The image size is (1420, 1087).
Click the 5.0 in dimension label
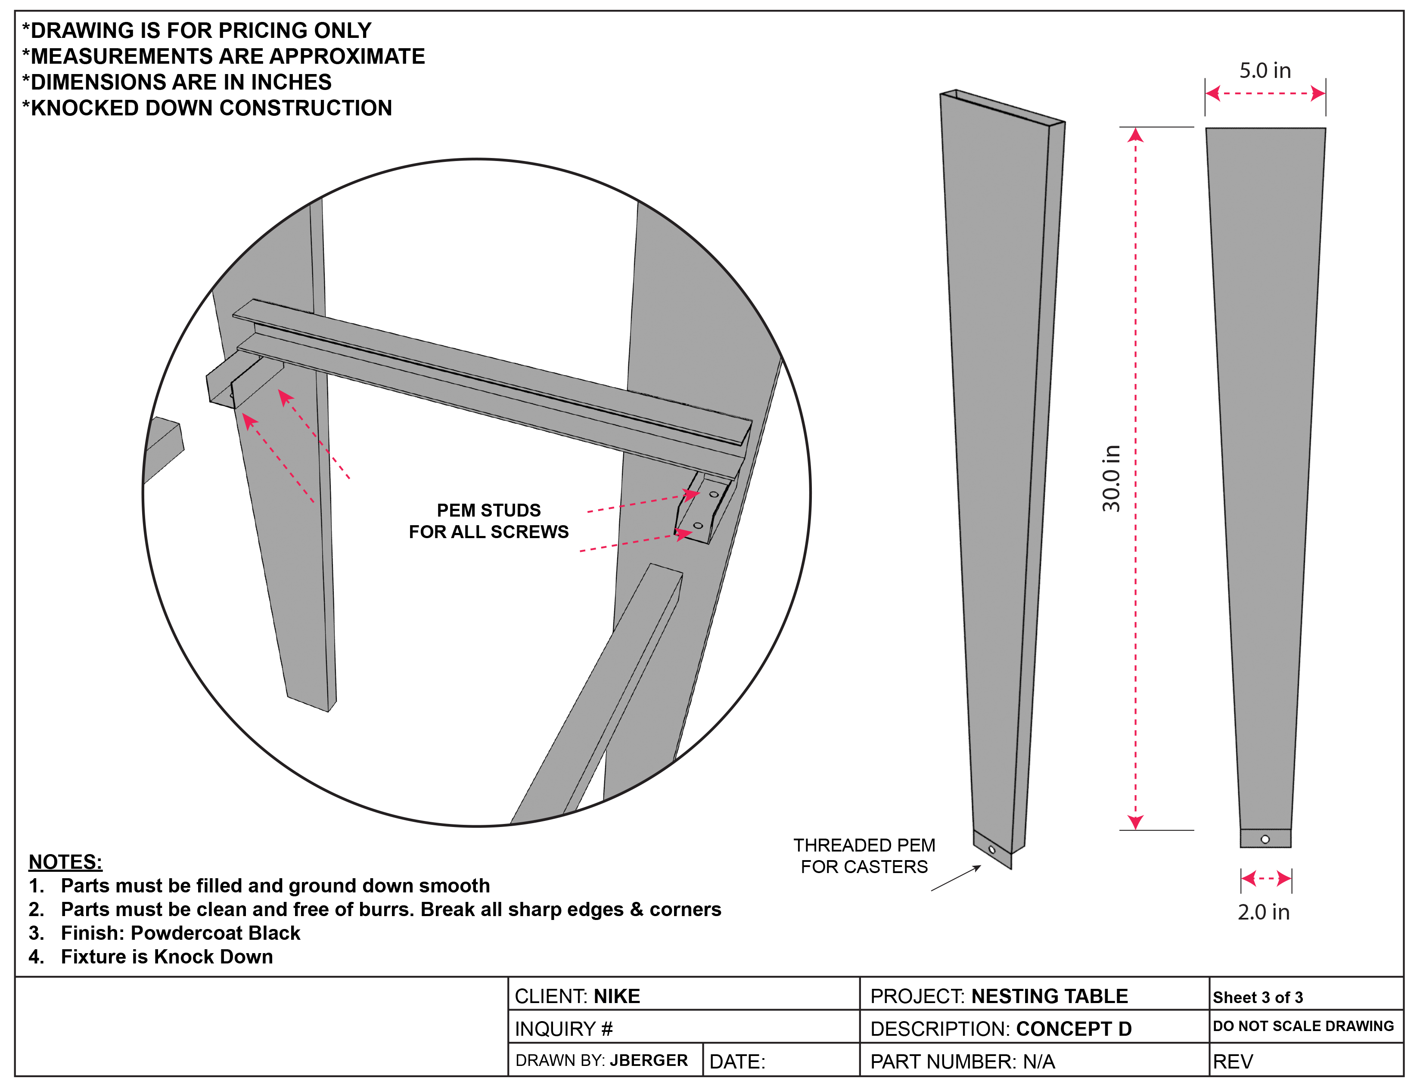[x=1265, y=71]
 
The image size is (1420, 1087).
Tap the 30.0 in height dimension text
[x=1111, y=478]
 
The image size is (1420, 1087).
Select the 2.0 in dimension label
[x=1263, y=912]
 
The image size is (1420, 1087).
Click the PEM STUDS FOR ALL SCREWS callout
[x=489, y=521]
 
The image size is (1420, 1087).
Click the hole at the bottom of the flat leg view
[x=1265, y=839]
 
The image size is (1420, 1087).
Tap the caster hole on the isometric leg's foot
[x=991, y=849]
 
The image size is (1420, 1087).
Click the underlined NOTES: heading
[x=65, y=862]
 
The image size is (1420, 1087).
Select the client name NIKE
[x=617, y=997]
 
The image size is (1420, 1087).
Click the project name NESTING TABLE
[x=1049, y=997]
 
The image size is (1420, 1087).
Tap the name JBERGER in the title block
[x=649, y=1060]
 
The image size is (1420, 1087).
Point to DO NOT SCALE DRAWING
[x=1304, y=1026]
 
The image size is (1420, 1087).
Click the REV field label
[x=1233, y=1062]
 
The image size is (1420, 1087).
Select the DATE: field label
[x=737, y=1062]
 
